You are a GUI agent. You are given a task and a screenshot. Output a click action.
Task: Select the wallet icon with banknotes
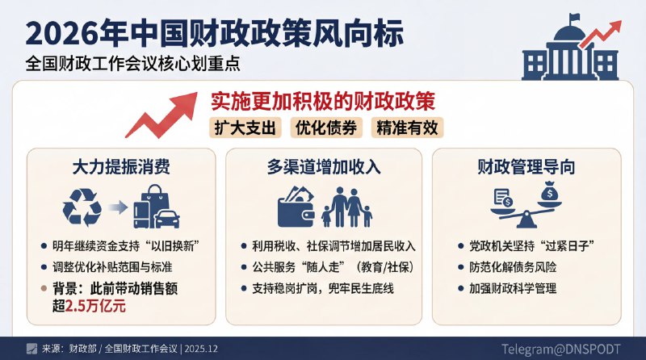coord(296,207)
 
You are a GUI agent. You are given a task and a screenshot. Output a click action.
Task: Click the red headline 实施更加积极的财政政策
coord(323,103)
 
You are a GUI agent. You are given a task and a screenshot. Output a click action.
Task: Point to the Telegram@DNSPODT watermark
coord(561,349)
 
